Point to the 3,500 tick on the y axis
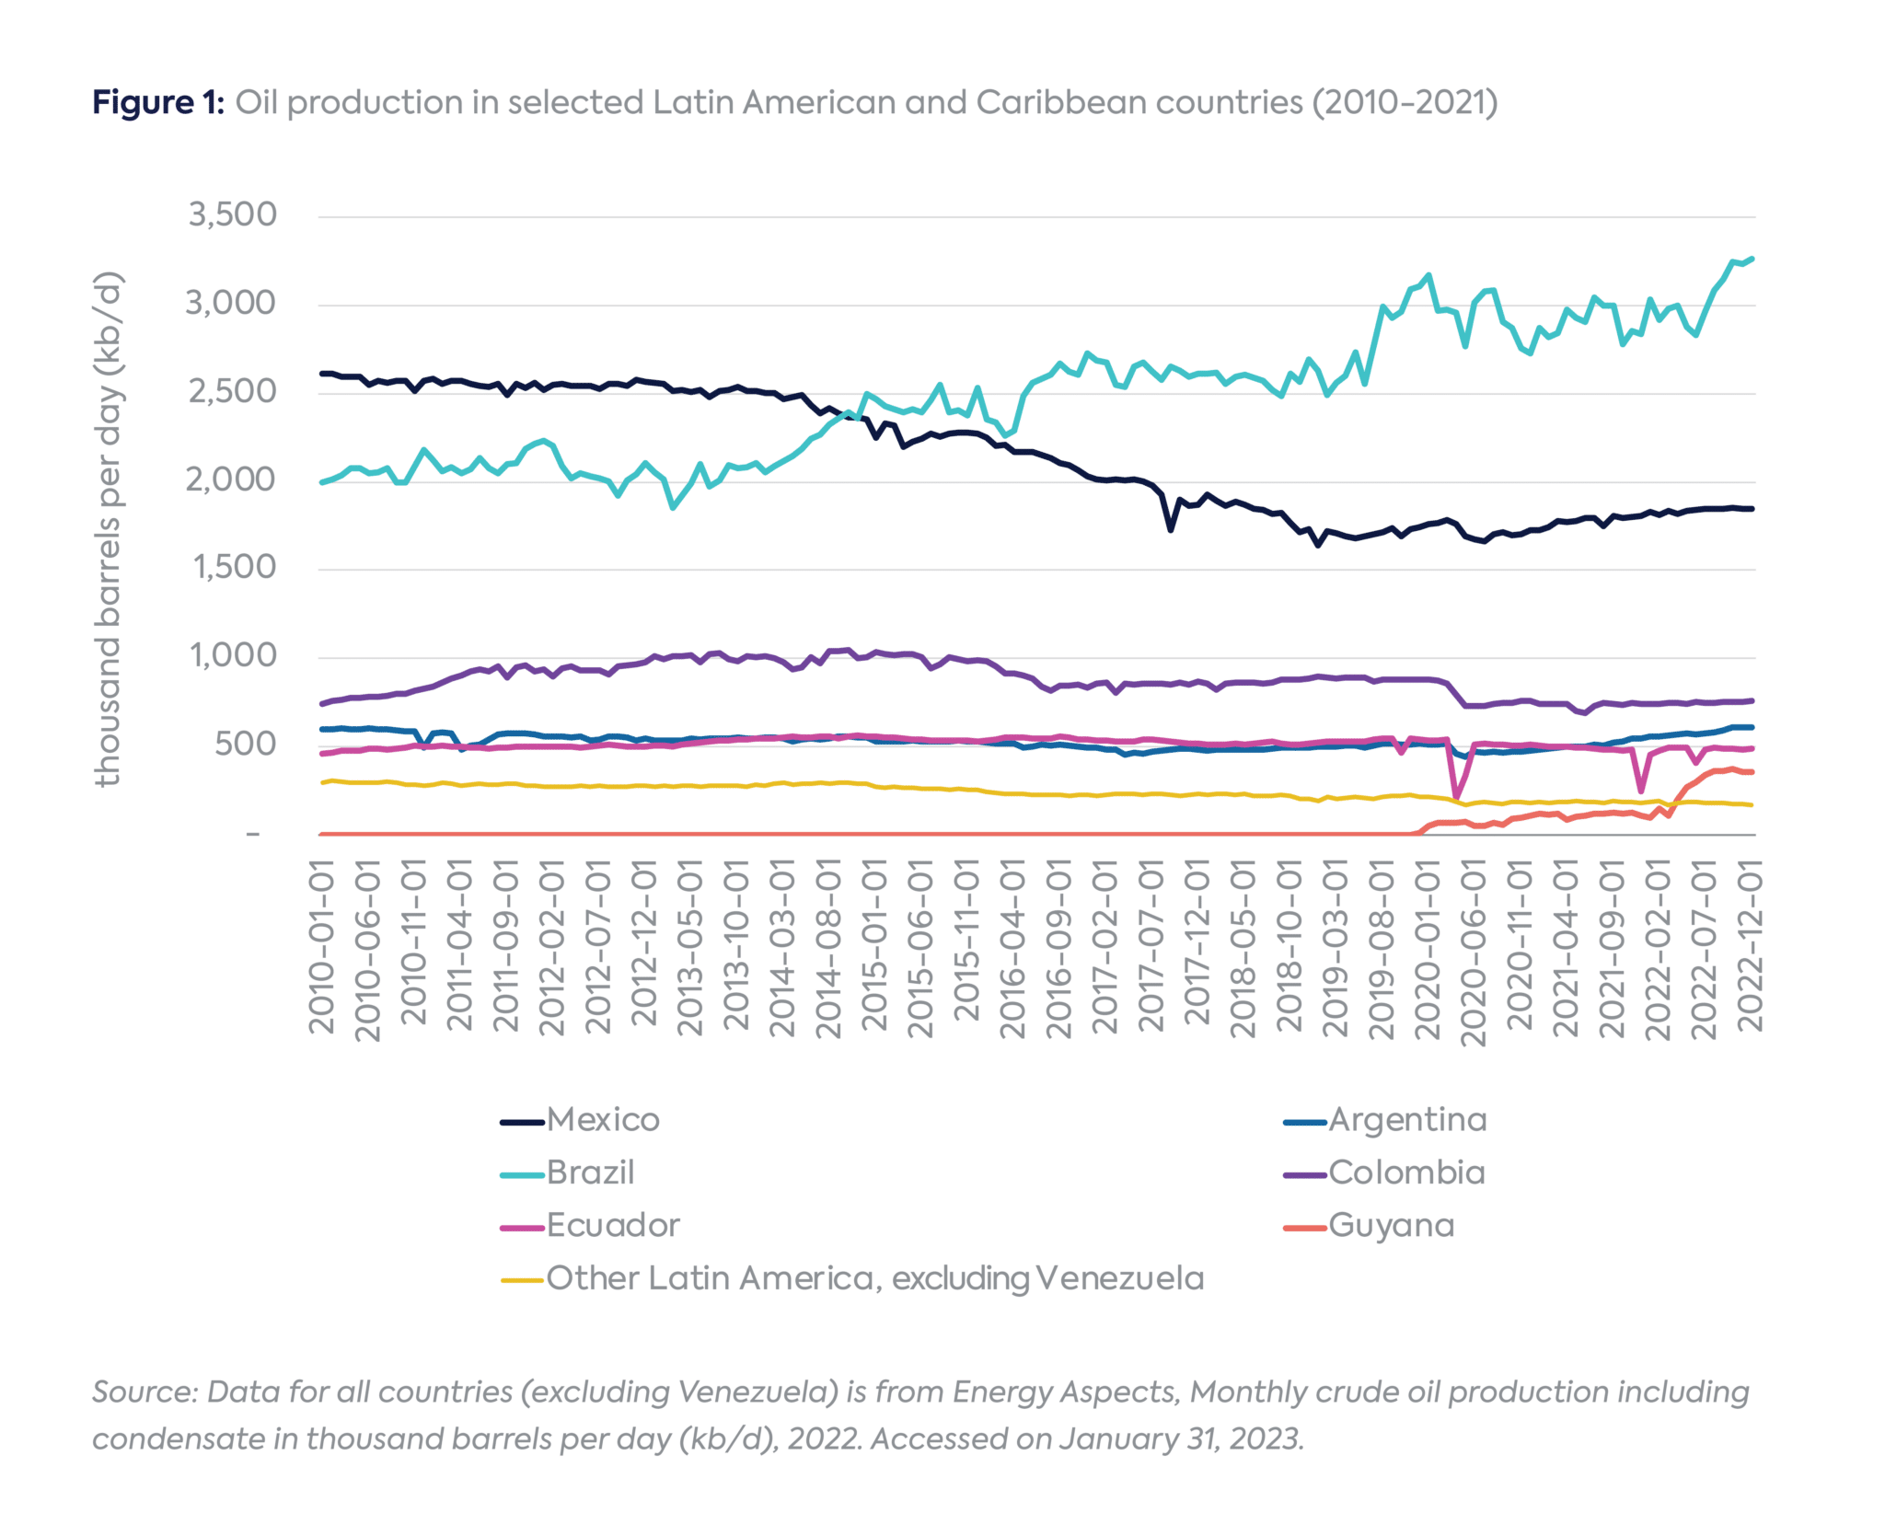(x=232, y=215)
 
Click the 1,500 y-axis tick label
(x=234, y=568)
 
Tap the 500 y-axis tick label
(x=245, y=745)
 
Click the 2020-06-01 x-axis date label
(x=1474, y=952)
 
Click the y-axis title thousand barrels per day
(x=109, y=529)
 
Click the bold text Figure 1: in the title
(x=157, y=102)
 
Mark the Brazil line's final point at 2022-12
(x=1752, y=259)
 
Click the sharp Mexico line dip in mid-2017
(x=1170, y=529)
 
